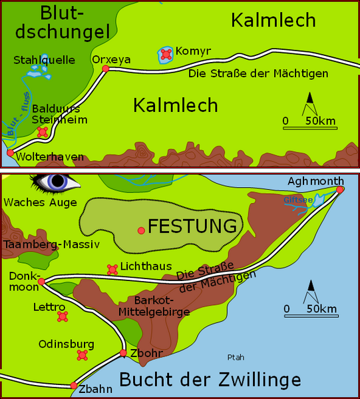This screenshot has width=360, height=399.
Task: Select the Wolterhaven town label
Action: click(x=51, y=157)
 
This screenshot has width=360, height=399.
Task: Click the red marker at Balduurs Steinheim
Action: click(x=43, y=133)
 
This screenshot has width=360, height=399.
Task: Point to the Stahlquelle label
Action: click(x=44, y=60)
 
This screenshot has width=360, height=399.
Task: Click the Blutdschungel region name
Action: click(x=65, y=21)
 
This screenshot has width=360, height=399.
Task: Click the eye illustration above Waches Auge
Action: click(x=55, y=181)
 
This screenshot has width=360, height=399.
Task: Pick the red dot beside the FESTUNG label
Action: click(x=141, y=230)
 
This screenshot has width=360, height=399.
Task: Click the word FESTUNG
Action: click(x=193, y=226)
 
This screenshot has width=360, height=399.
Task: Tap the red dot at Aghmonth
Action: click(x=339, y=190)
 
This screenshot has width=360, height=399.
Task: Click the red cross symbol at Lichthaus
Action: click(x=112, y=269)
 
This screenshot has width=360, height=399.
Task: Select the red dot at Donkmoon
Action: click(x=41, y=282)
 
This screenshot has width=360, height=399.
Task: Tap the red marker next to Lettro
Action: click(x=63, y=316)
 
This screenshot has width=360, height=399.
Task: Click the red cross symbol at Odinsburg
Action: click(x=83, y=355)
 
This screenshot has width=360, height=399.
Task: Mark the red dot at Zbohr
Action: click(x=123, y=353)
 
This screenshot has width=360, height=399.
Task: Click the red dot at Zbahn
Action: click(x=73, y=386)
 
